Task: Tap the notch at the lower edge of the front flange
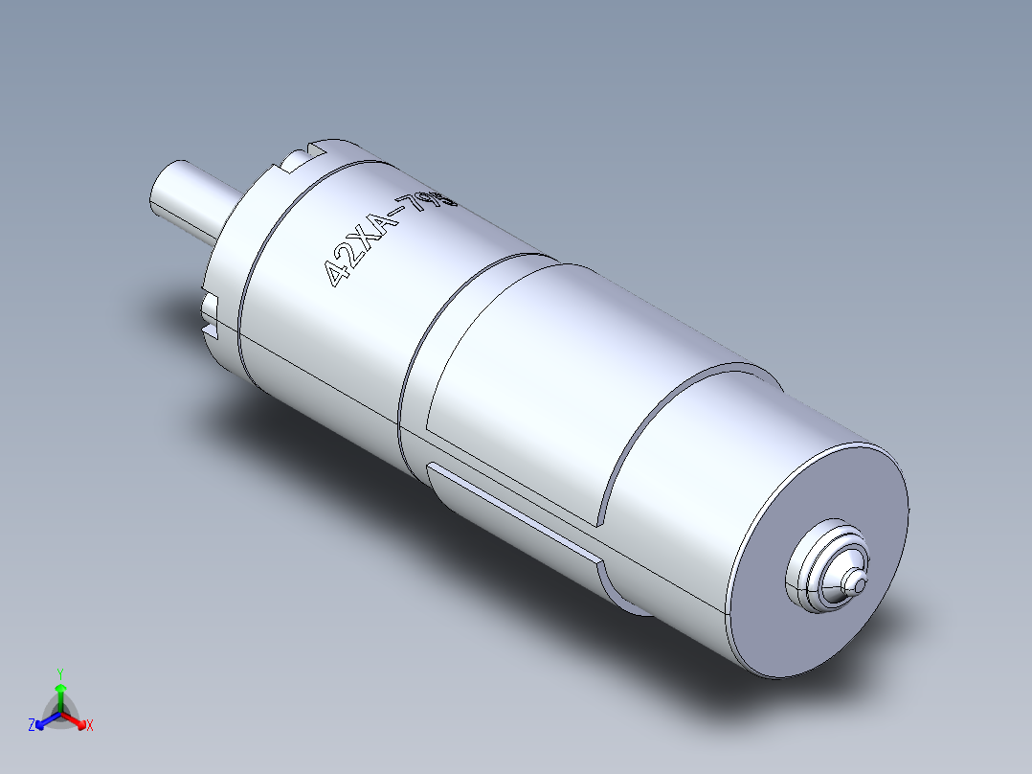pyautogui.click(x=212, y=320)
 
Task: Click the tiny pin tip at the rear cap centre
pyautogui.click(x=859, y=581)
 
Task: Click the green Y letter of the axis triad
pyautogui.click(x=59, y=673)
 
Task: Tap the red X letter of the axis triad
pyautogui.click(x=90, y=726)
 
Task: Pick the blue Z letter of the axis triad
pyautogui.click(x=32, y=726)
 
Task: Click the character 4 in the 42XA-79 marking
pyautogui.click(x=337, y=275)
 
